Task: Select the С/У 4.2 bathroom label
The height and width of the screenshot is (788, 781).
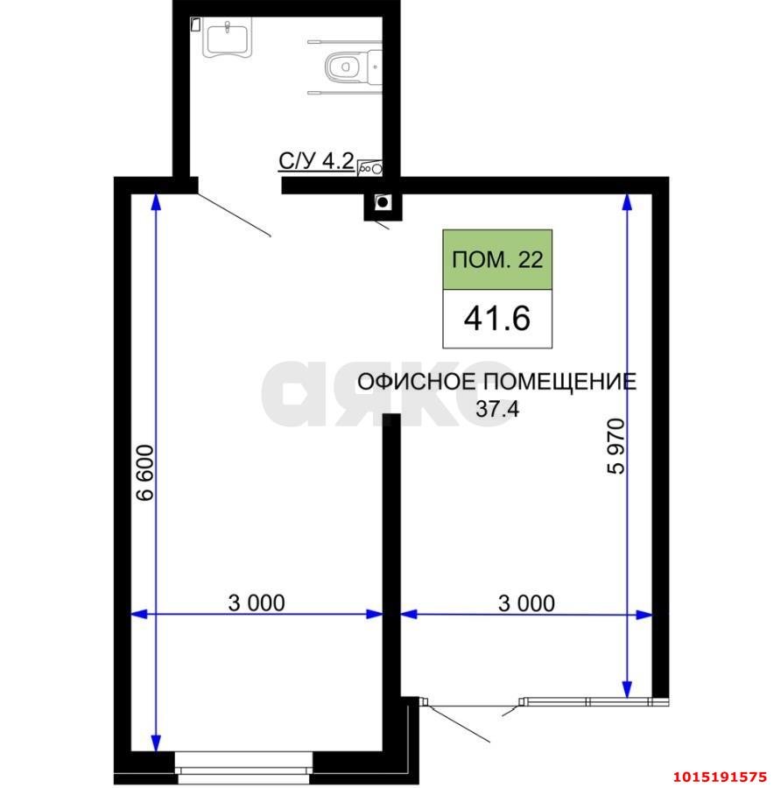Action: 315,161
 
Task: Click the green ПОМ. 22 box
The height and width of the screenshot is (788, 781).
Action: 497,260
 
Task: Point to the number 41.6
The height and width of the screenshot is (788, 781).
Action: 497,318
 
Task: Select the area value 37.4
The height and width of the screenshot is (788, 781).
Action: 497,407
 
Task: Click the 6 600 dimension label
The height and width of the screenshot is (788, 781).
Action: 145,472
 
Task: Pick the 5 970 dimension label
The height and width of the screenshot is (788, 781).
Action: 616,447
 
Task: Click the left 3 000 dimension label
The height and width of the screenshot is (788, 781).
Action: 257,602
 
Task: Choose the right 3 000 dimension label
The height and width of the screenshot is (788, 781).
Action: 526,602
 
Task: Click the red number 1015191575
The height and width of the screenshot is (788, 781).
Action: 719,776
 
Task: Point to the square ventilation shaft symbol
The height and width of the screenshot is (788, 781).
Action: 383,203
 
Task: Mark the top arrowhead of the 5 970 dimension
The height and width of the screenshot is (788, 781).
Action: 627,202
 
